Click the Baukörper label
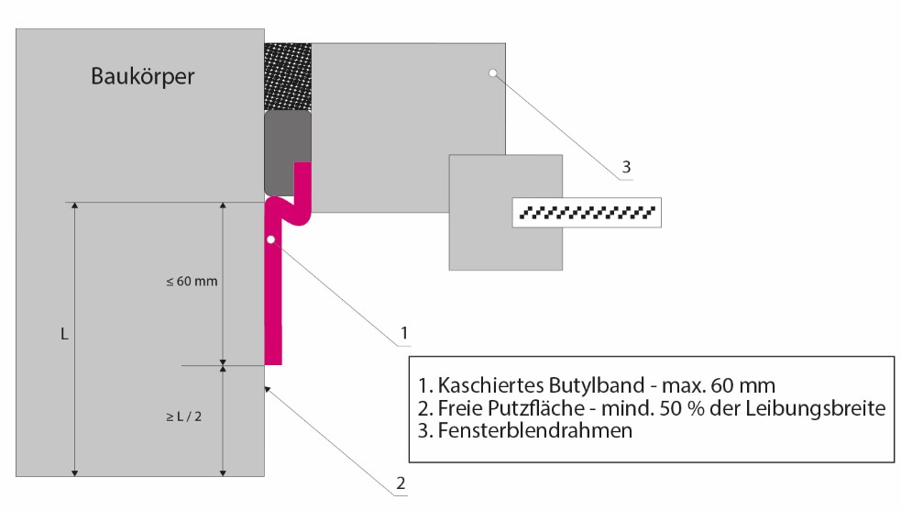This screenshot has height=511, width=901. click(x=142, y=76)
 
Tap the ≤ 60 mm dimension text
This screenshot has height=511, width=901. click(x=192, y=282)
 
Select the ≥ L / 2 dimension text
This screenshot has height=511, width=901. click(x=184, y=417)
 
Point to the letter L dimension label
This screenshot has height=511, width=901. click(x=64, y=334)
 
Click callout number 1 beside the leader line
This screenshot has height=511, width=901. click(x=404, y=333)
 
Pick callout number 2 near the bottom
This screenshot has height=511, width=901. click(x=401, y=483)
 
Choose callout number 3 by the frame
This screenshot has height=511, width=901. click(x=626, y=167)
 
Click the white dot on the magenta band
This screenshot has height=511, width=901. click(x=270, y=239)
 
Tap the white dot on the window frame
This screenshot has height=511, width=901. click(x=493, y=73)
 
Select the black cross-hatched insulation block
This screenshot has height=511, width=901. click(x=288, y=76)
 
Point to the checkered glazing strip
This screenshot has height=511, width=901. click(x=587, y=212)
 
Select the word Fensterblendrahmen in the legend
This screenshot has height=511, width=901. click(x=535, y=430)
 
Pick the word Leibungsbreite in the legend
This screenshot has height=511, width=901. click(x=816, y=408)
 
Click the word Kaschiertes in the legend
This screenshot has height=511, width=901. click(x=490, y=385)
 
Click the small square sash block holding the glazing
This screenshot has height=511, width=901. click(x=506, y=212)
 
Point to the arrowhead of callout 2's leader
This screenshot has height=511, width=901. click(x=267, y=389)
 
